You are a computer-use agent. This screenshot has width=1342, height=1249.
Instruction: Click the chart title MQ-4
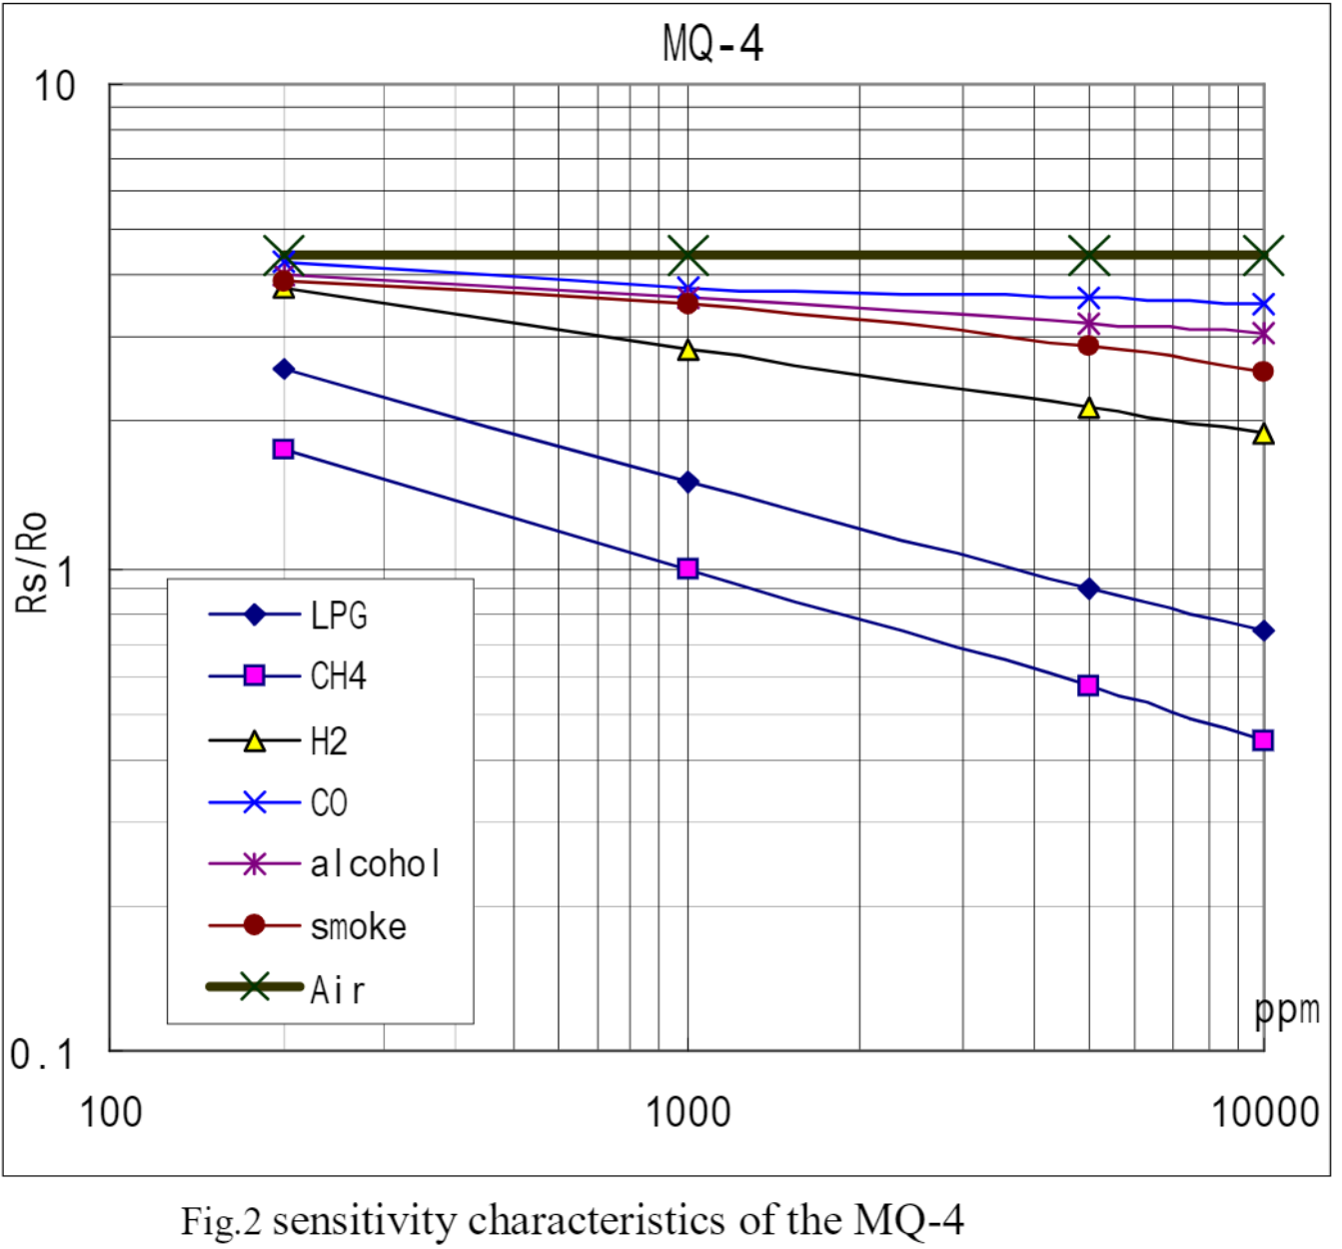712,44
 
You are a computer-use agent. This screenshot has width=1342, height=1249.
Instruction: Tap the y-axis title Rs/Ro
32,562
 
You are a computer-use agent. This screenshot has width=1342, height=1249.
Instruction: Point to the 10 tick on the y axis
54,87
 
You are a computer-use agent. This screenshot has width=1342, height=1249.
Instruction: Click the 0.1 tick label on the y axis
41,1054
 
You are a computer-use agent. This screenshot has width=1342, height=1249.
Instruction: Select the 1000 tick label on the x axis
687,1112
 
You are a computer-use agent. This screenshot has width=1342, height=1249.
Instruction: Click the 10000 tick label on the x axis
1265,1112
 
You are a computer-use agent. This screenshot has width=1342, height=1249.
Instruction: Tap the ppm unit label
1287,1010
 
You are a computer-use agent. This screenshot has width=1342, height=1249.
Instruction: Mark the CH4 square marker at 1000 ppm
687,569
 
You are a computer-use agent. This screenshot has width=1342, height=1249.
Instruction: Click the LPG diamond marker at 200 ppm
284,369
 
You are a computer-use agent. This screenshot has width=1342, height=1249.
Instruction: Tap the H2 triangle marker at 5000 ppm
1089,408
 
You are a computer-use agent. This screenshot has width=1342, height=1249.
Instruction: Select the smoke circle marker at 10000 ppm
1263,372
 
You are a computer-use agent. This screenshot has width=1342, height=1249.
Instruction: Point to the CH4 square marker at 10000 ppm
1263,740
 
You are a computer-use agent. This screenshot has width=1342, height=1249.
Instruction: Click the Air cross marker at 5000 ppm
1089,256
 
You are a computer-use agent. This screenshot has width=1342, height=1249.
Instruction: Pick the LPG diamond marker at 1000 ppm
687,483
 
